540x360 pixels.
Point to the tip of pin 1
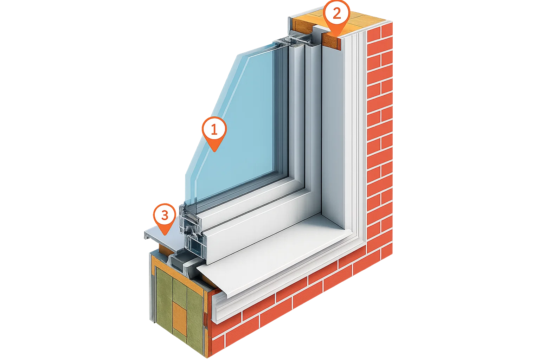point(214,152)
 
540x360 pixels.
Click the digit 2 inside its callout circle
point(337,13)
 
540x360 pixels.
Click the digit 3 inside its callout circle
point(165,215)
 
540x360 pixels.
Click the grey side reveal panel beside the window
point(333,135)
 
